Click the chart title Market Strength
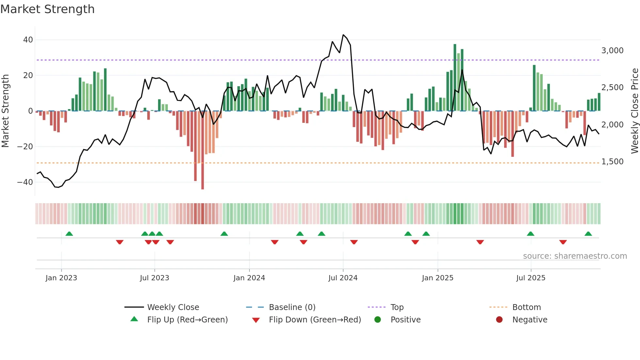pos(47,9)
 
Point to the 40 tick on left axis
pos(28,40)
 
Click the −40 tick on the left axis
pos(25,182)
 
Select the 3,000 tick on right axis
pos(612,51)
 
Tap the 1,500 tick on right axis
pos(612,162)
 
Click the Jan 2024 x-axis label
pos(249,278)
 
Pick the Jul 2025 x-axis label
pos(531,278)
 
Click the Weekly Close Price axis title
pos(634,111)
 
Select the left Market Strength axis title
pos(5,111)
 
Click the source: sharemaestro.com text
pos(575,256)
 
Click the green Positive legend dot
pos(378,320)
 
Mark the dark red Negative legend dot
pos(499,320)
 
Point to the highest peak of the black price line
pos(343,35)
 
